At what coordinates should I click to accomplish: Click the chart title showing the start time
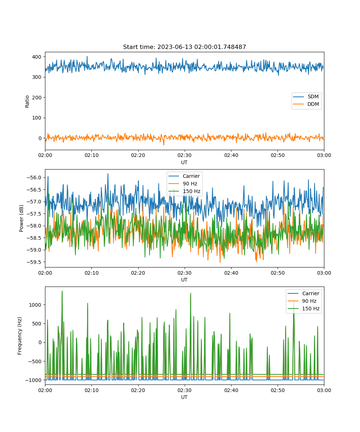184,47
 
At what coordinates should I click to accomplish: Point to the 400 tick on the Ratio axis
37,57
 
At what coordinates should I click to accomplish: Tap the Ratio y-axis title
27,102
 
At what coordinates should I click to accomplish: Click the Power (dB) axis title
21,218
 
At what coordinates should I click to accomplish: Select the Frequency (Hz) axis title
20,336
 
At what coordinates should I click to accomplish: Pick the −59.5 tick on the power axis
34,262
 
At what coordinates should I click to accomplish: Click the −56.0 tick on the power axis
34,177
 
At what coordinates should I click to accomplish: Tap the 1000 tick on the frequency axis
35,305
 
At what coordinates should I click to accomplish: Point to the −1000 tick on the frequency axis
33,380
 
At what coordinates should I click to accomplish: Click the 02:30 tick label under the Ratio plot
185,155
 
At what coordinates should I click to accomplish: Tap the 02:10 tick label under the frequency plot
91,390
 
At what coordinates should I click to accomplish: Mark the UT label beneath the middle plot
184,280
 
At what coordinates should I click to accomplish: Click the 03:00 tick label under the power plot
324,273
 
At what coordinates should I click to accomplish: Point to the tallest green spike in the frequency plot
62,291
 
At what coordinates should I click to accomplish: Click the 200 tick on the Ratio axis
37,98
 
